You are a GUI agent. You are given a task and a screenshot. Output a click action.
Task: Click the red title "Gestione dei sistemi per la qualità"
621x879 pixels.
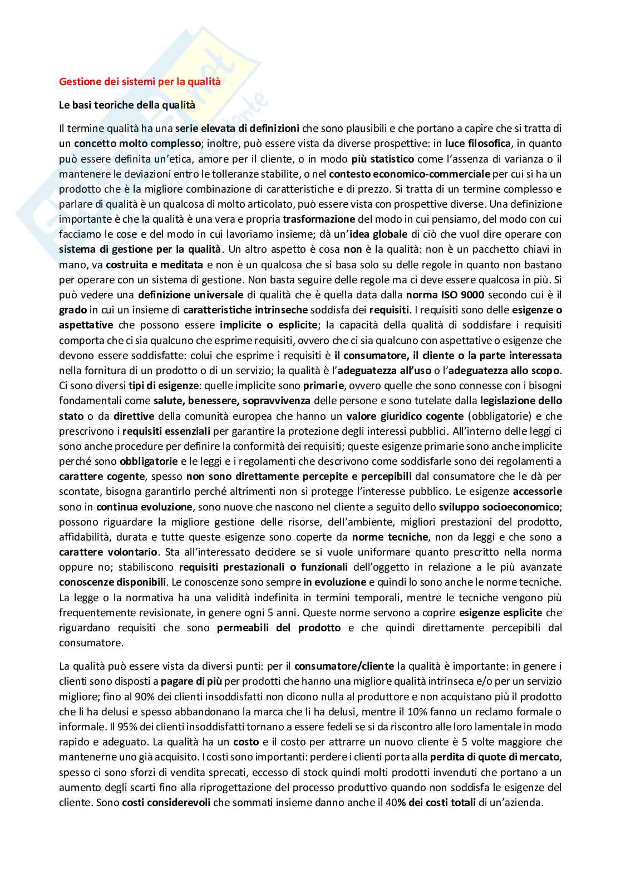[x=140, y=81]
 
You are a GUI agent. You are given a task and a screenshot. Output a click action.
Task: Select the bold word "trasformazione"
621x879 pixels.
[x=319, y=219]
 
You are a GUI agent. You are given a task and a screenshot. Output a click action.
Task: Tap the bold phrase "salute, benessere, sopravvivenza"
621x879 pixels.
[x=233, y=400]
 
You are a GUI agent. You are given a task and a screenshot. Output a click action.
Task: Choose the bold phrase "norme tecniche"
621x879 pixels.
[x=390, y=537]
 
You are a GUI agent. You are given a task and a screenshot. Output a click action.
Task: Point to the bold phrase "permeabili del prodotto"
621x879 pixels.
[x=279, y=627]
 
